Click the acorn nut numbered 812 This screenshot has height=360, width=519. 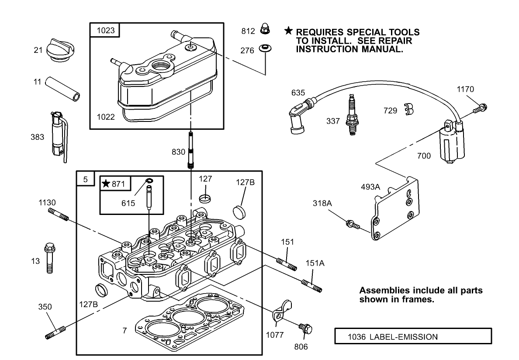264,30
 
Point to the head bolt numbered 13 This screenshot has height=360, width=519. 48,258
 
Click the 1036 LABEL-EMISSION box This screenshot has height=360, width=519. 412,337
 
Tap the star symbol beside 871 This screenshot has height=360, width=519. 106,184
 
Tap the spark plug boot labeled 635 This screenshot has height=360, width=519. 298,118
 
